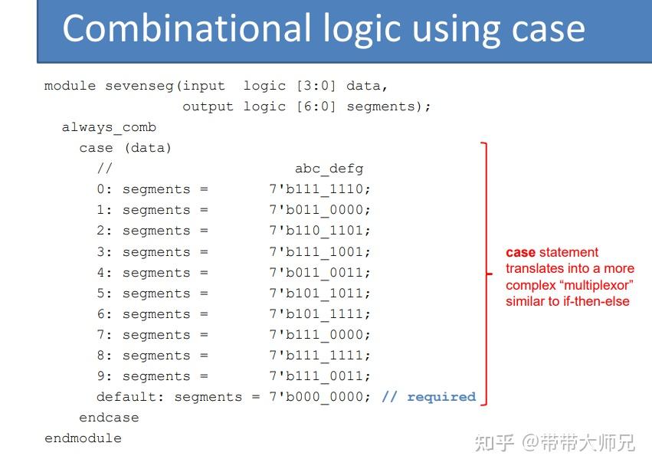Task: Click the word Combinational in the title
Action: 187,28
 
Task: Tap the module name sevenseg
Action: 139,86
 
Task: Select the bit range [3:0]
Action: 316,86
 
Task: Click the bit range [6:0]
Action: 316,107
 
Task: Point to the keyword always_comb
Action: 109,128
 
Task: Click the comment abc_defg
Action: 329,169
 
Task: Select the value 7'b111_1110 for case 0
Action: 319,189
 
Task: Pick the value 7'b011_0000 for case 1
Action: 319,210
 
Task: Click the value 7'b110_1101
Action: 319,231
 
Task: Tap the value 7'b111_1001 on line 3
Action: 319,252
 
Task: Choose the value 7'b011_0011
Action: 319,273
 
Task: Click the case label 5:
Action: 104,294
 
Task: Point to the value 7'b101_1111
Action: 319,314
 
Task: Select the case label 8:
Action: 104,356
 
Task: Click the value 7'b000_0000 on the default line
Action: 319,397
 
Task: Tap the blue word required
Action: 441,398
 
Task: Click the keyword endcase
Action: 109,418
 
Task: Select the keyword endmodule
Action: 84,438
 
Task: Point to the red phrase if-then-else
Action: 596,301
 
